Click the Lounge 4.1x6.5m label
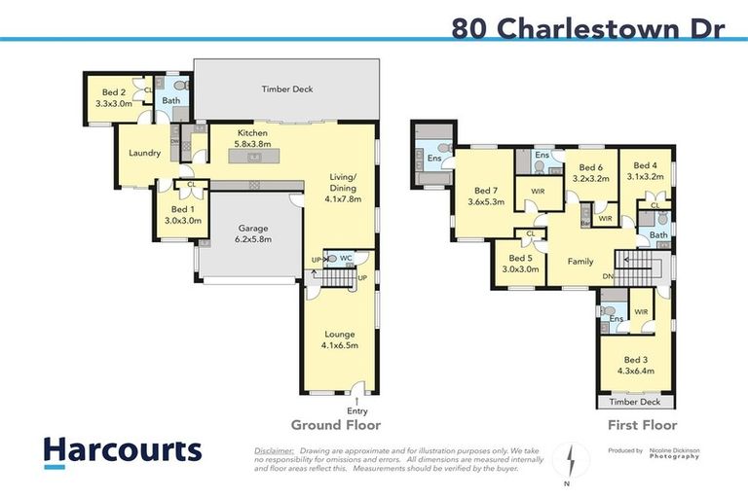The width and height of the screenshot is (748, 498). [338, 338]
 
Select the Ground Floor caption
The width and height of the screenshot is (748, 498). [336, 425]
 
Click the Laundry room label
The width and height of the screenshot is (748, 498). [144, 153]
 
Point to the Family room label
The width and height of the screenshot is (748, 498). [580, 262]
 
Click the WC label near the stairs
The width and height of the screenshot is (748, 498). [346, 258]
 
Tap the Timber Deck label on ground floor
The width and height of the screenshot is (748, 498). [287, 89]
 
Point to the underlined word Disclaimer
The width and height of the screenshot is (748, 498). [274, 451]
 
